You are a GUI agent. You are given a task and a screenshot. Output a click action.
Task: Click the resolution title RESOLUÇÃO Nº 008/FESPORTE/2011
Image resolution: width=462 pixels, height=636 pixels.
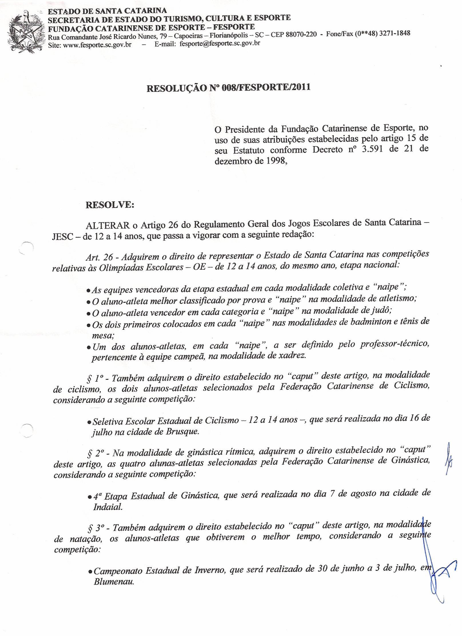coord(228,88)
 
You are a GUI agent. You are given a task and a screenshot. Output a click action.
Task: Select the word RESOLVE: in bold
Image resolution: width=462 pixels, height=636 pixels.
coord(110,205)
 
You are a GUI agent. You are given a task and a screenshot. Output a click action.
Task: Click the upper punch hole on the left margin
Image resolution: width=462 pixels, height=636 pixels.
coord(27,247)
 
